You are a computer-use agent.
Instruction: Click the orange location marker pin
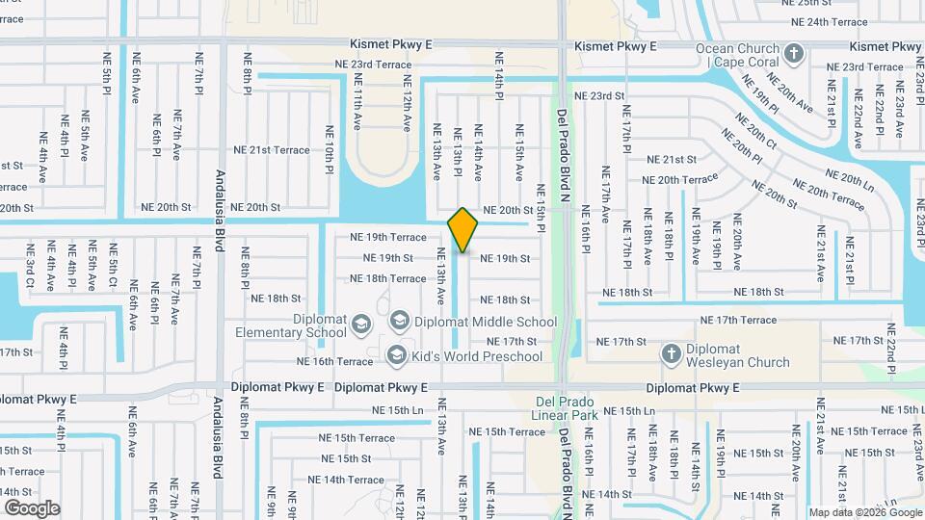(463, 229)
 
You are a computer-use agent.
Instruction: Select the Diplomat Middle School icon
(399, 320)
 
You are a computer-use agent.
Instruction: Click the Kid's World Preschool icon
(395, 357)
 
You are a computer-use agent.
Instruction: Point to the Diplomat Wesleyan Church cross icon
(672, 354)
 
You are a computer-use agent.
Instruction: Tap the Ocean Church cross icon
(794, 53)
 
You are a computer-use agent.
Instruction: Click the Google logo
(32, 507)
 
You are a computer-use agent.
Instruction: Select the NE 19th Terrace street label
(387, 237)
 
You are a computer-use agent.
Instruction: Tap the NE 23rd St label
(599, 96)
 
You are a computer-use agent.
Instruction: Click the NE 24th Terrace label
(829, 21)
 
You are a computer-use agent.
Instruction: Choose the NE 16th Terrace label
(334, 362)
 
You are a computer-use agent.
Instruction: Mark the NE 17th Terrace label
(738, 320)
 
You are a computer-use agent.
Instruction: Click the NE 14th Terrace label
(346, 480)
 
